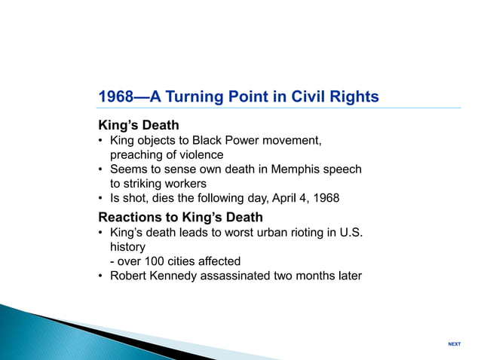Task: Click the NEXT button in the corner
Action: point(454,344)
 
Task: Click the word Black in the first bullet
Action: point(208,141)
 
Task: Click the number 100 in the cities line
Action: point(150,261)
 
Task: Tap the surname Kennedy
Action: point(177,276)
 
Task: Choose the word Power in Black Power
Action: point(243,141)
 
